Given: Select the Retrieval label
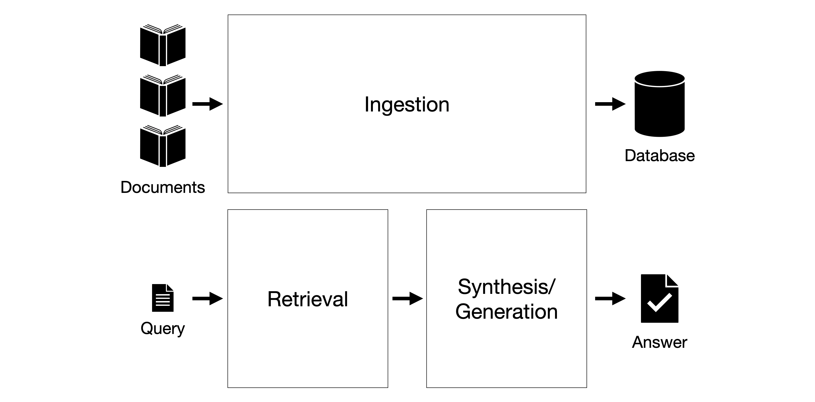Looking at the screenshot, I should pyautogui.click(x=307, y=299).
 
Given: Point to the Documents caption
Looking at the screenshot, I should pyautogui.click(x=163, y=187).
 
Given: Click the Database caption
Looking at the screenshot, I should pyautogui.click(x=660, y=155).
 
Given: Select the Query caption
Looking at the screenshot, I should pyautogui.click(x=163, y=328).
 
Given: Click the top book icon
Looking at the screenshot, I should pyautogui.click(x=163, y=45).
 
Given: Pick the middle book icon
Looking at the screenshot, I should pyautogui.click(x=163, y=95).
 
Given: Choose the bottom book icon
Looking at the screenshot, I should pyautogui.click(x=163, y=146).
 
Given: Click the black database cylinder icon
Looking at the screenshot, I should pyautogui.click(x=660, y=104).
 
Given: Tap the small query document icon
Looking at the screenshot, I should pyautogui.click(x=163, y=298).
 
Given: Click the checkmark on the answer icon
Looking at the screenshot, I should pyautogui.click(x=659, y=302).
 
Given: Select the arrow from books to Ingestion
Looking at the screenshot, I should pyautogui.click(x=207, y=104).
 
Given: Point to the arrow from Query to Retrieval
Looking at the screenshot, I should pyautogui.click(x=207, y=298).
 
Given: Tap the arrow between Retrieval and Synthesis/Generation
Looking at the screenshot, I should pyautogui.click(x=407, y=298).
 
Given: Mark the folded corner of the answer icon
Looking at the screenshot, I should pyautogui.click(x=672, y=280).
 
